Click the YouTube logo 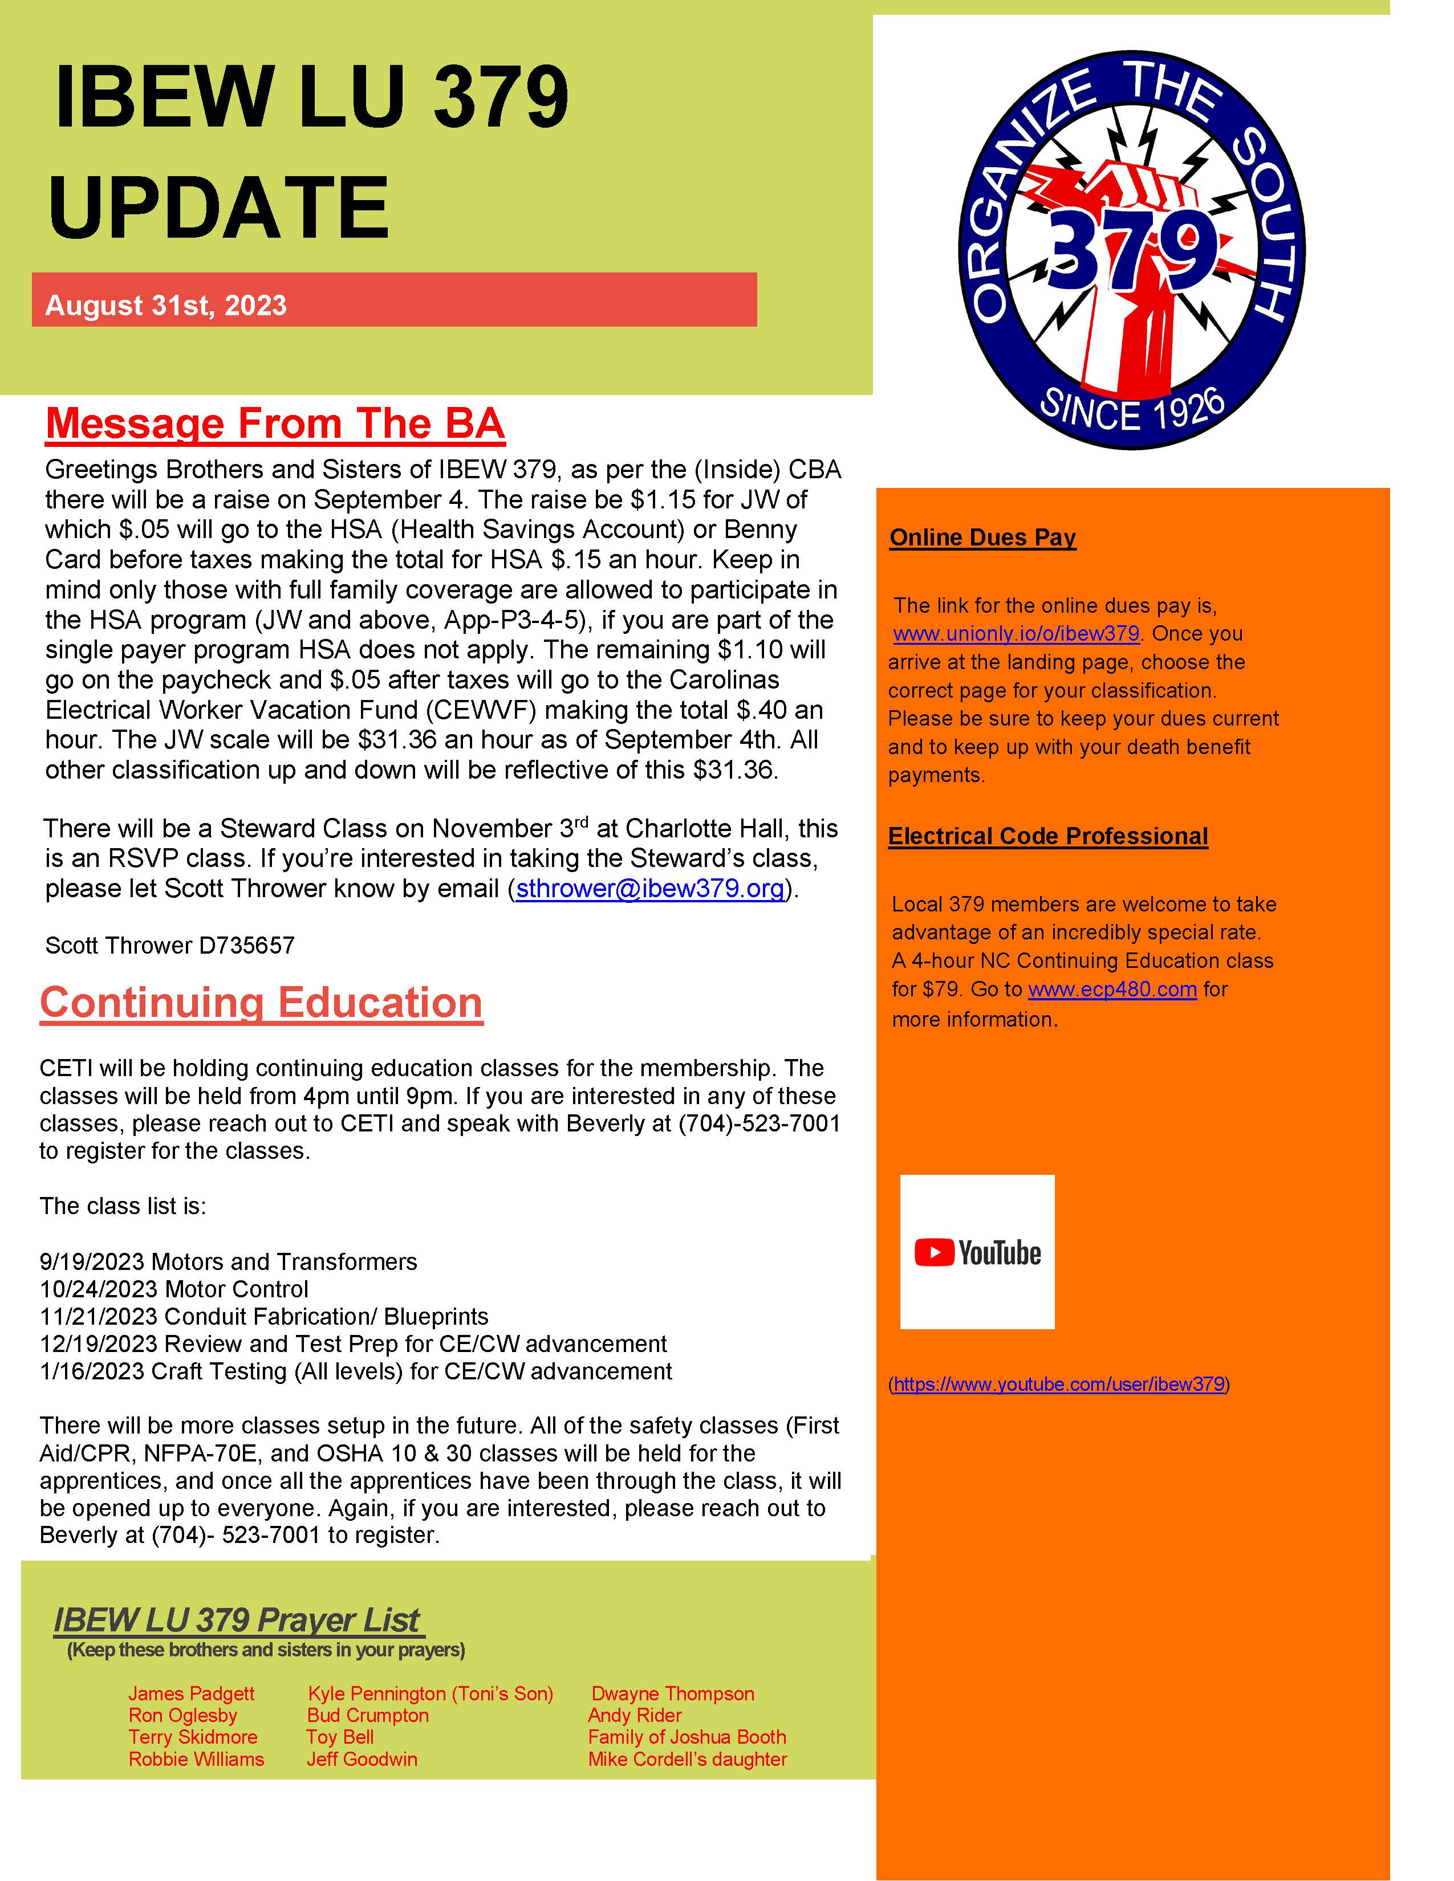coord(977,1252)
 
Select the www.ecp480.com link coord(1112,990)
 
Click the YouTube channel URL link coord(1059,1384)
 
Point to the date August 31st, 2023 coord(165,306)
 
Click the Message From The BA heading coord(275,424)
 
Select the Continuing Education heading coord(261,1003)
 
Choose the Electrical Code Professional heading coord(1047,836)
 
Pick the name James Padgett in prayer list coord(191,1693)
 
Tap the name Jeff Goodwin coord(362,1758)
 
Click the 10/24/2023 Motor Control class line coord(174,1289)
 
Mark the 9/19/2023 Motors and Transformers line coord(228,1262)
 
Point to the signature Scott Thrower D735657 coord(170,946)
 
